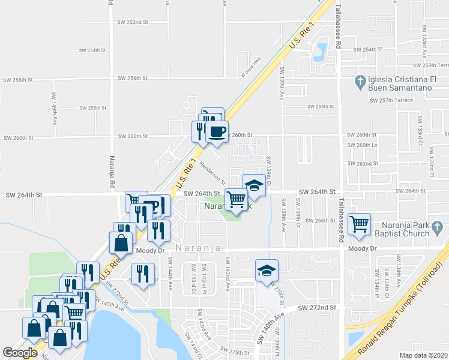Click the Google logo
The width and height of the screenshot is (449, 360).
[20, 353]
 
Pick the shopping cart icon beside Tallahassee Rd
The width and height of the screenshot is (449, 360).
[359, 224]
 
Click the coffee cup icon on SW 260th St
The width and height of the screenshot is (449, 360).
[217, 131]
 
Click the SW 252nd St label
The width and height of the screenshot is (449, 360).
[133, 22]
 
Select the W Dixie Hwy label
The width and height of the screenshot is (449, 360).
[252, 67]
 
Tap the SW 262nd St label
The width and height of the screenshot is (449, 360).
[367, 163]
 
